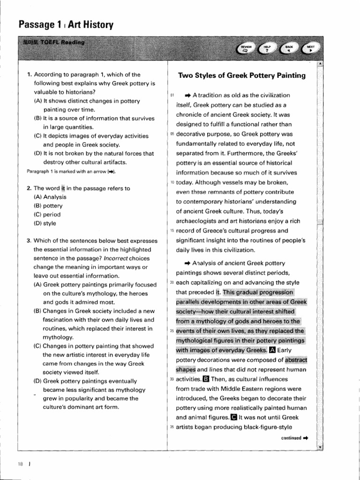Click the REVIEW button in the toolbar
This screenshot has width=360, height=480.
tap(246, 49)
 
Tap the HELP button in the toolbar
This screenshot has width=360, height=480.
tap(268, 49)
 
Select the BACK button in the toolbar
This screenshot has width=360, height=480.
tap(289, 49)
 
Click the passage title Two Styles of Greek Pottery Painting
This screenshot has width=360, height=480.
tap(242, 75)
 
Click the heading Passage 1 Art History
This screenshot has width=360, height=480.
tap(65, 24)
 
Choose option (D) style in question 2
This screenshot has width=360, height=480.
tap(45, 223)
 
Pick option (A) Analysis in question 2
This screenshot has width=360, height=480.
tap(50, 197)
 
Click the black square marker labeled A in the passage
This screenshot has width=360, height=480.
tap(273, 350)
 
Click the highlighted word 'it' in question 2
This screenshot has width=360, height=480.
tap(63, 188)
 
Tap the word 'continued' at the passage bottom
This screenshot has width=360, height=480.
tap(291, 438)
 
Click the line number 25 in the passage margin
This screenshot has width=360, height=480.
tap(172, 331)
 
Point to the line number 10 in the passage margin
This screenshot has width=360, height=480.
tap(172, 182)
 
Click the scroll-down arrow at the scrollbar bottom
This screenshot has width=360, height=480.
tap(320, 447)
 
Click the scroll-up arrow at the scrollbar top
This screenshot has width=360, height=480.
tap(320, 63)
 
